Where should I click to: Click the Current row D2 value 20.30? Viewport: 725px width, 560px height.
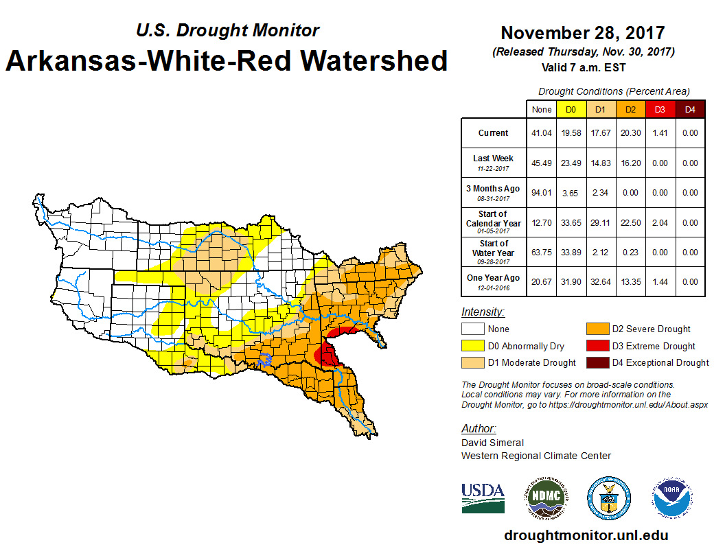[x=631, y=133]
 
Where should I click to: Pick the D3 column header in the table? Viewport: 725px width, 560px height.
[x=660, y=109]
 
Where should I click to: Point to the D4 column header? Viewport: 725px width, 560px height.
[x=690, y=109]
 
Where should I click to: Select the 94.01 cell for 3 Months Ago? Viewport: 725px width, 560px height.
[x=542, y=193]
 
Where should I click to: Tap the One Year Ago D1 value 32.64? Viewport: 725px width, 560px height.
[x=601, y=282]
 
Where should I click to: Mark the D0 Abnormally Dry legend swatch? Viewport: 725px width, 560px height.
[x=473, y=346]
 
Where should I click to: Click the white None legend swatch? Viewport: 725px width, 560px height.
[x=473, y=329]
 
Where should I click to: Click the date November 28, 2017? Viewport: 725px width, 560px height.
[x=582, y=33]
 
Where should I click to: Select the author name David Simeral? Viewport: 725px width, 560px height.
[x=492, y=443]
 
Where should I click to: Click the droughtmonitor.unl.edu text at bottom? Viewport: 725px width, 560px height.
[x=586, y=535]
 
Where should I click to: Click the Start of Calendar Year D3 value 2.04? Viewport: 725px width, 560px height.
[x=660, y=222]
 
